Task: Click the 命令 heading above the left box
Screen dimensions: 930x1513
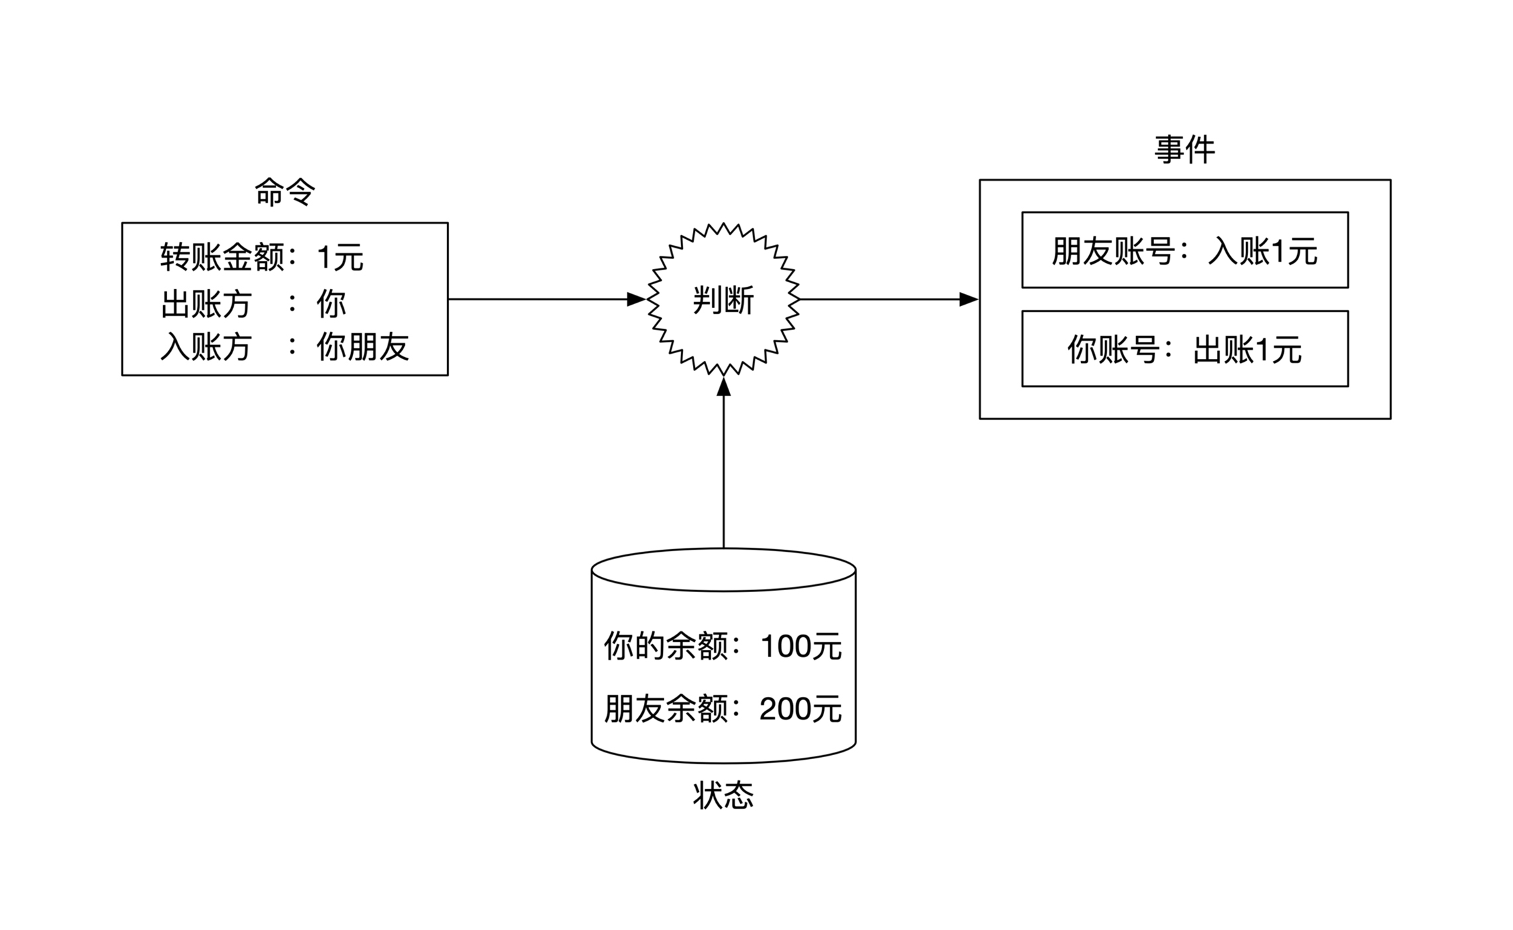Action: pos(285,193)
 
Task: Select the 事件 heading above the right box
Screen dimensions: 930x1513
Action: pos(1184,150)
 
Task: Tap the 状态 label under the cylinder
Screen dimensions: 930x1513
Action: pos(723,795)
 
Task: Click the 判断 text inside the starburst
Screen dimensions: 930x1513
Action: pos(723,301)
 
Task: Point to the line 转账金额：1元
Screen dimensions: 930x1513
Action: pos(262,257)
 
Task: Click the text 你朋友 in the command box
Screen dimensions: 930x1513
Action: pos(362,346)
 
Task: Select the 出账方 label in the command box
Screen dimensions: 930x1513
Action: pos(205,304)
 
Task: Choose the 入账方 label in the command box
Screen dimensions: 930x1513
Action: pos(205,346)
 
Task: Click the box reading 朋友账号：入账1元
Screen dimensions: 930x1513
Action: pos(1184,250)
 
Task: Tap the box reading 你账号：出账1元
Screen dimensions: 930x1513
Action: pos(1184,349)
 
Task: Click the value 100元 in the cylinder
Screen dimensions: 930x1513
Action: pos(800,646)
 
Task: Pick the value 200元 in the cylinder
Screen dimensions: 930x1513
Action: pos(800,709)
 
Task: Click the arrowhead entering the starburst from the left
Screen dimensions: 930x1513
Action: pos(636,299)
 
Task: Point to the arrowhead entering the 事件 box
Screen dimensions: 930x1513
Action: pos(968,299)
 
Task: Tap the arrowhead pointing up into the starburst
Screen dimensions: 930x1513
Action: pos(723,387)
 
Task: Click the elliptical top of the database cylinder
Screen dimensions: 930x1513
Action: pos(723,570)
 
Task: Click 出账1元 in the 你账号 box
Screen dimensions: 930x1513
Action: pos(1247,350)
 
